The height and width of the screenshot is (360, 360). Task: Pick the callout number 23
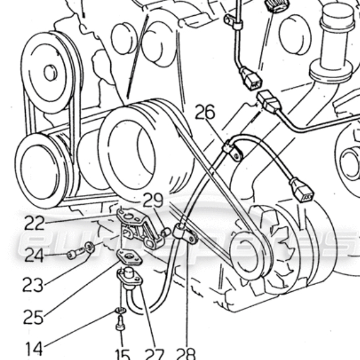pyautogui.click(x=34, y=285)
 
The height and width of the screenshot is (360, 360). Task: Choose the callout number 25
pyautogui.click(x=34, y=317)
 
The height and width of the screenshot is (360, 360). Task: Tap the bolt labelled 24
pyautogui.click(x=73, y=254)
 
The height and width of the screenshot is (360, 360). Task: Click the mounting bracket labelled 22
pyautogui.click(x=140, y=228)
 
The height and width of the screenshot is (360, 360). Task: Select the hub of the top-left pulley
pyautogui.click(x=49, y=72)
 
